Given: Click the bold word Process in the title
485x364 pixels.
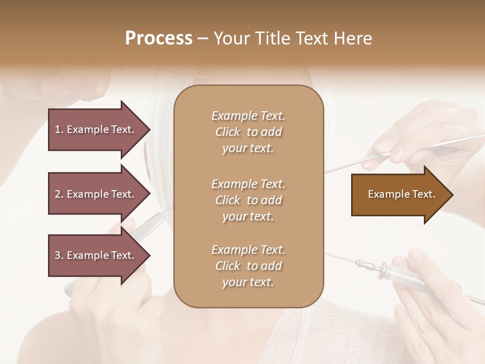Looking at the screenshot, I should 159,38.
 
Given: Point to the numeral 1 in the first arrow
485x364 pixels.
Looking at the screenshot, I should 58,129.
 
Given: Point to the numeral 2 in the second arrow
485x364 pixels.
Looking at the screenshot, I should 58,194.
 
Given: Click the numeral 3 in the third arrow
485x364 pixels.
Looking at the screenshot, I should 58,255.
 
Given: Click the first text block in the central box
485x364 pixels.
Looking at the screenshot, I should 248,132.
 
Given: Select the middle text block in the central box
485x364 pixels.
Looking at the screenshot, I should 248,200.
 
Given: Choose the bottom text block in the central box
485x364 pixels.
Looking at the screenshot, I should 248,266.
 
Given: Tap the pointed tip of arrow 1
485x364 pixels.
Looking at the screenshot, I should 149,129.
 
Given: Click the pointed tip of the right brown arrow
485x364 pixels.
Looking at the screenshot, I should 452,195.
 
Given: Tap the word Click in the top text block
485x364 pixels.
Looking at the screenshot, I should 228,132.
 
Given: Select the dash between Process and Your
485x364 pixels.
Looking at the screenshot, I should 203,38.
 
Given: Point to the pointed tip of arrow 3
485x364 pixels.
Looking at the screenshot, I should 149,255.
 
